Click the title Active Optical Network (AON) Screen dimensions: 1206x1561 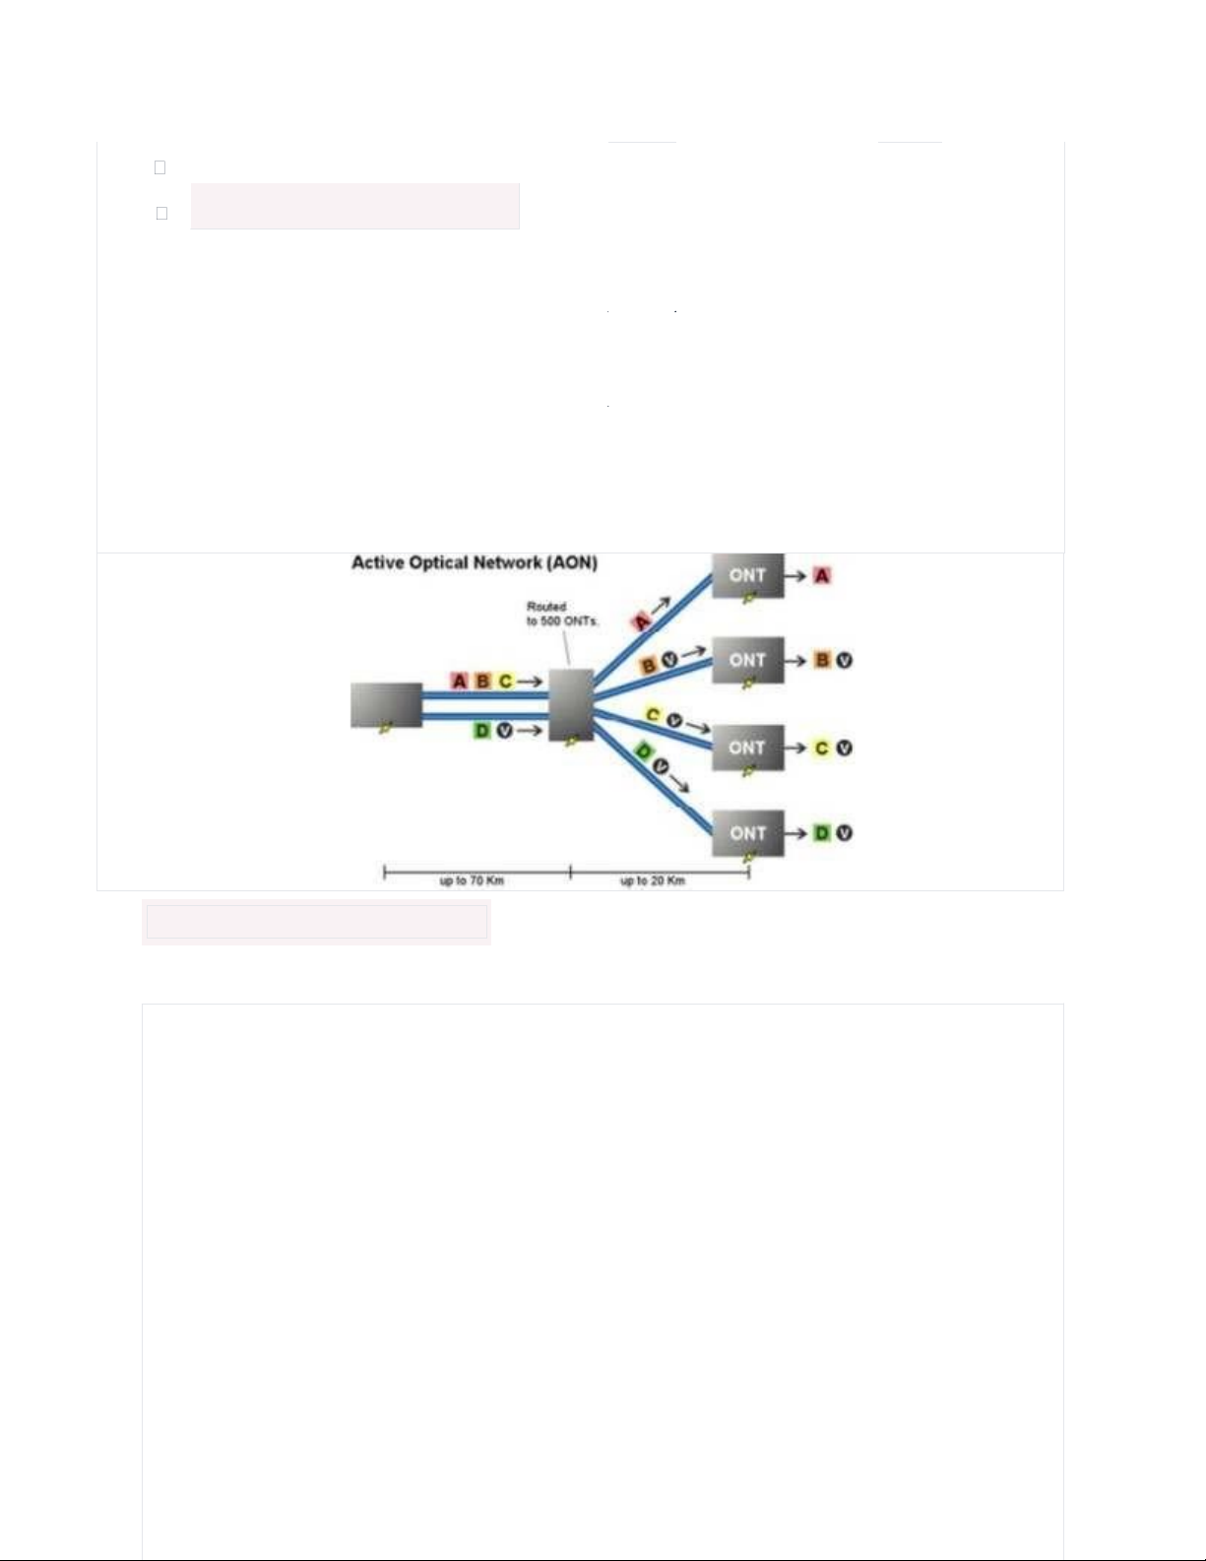pos(474,562)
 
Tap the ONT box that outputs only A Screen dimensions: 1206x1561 pos(747,575)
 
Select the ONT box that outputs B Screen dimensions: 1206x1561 pos(747,660)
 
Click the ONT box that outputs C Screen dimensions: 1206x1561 pos(747,748)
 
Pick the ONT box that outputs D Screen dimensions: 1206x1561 pos(747,833)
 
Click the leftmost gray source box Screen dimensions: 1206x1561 pos(386,705)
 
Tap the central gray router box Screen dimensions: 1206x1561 pos(571,704)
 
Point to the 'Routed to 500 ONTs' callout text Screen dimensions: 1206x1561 pos(562,615)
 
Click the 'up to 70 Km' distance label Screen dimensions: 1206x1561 pos(472,880)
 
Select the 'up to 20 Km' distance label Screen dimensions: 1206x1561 pos(653,880)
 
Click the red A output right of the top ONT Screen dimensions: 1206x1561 pos(822,575)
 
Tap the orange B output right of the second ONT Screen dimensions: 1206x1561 pos(822,660)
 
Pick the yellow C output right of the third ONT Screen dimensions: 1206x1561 pos(822,748)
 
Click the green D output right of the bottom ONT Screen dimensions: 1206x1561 pos(822,833)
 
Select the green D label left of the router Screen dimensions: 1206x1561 pos(482,731)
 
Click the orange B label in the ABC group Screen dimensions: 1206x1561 pos(483,681)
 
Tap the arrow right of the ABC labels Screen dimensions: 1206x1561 pos(530,681)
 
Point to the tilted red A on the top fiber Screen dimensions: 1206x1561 pos(642,619)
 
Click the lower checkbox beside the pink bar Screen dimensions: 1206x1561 pos(161,214)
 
